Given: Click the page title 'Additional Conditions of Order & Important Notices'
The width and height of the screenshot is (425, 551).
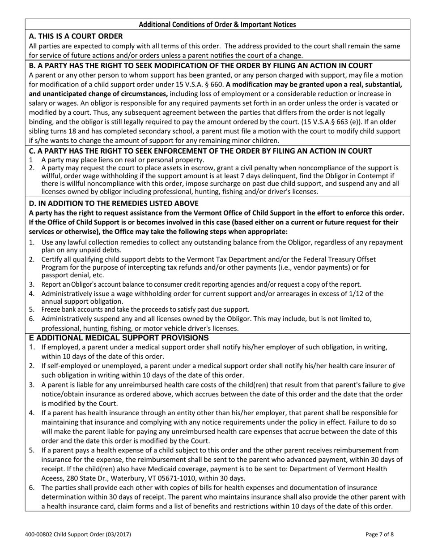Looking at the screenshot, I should [x=217, y=25].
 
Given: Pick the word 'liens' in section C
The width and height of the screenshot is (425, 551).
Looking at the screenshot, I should [x=94, y=160].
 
